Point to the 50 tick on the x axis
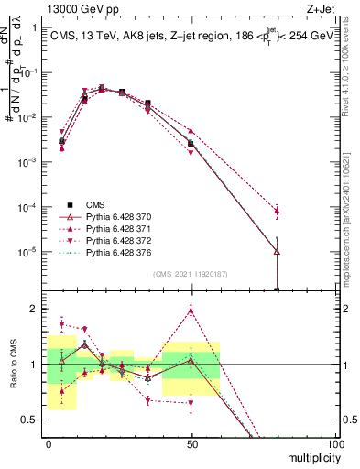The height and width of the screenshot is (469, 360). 191,443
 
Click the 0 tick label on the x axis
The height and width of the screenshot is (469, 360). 49,443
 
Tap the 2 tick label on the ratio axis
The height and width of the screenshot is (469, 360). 35,309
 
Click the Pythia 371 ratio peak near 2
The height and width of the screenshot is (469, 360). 191,310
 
